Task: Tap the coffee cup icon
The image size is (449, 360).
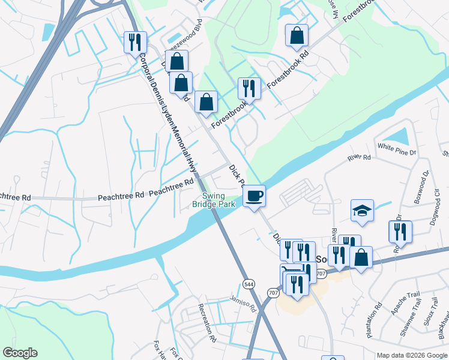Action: [x=254, y=196]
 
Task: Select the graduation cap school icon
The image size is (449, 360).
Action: [x=362, y=211]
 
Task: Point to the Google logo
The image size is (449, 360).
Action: [x=20, y=353]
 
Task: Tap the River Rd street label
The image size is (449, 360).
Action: [x=359, y=158]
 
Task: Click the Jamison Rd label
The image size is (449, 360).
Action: [x=243, y=303]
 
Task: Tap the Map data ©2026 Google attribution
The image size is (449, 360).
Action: [x=412, y=355]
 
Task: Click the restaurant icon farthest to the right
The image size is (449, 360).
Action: [x=400, y=232]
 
